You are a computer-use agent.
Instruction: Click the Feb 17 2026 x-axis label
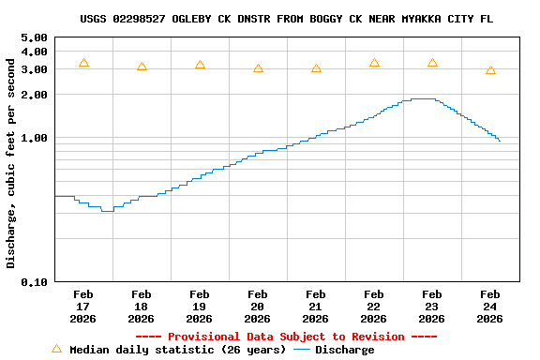pyautogui.click(x=83, y=307)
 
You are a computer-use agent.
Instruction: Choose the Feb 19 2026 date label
pyautogui.click(x=200, y=307)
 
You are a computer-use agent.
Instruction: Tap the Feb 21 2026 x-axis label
pyautogui.click(x=316, y=307)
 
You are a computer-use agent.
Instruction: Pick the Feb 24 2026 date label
pyautogui.click(x=490, y=307)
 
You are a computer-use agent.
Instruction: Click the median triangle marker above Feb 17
pyautogui.click(x=83, y=63)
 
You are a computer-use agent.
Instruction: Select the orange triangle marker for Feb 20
pyautogui.click(x=258, y=68)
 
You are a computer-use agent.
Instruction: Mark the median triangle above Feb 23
pyautogui.click(x=432, y=63)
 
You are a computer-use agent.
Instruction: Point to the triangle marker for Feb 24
pyautogui.click(x=490, y=70)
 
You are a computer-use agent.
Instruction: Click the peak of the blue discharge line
pyautogui.click(x=422, y=98)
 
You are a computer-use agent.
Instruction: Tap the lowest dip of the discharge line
pyautogui.click(x=107, y=211)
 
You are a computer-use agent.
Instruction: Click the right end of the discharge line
pyautogui.click(x=500, y=141)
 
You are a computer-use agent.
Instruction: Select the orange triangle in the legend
pyautogui.click(x=56, y=349)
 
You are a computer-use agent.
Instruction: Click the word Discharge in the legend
pyautogui.click(x=344, y=350)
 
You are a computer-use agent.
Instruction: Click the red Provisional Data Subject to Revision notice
pyautogui.click(x=286, y=337)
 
